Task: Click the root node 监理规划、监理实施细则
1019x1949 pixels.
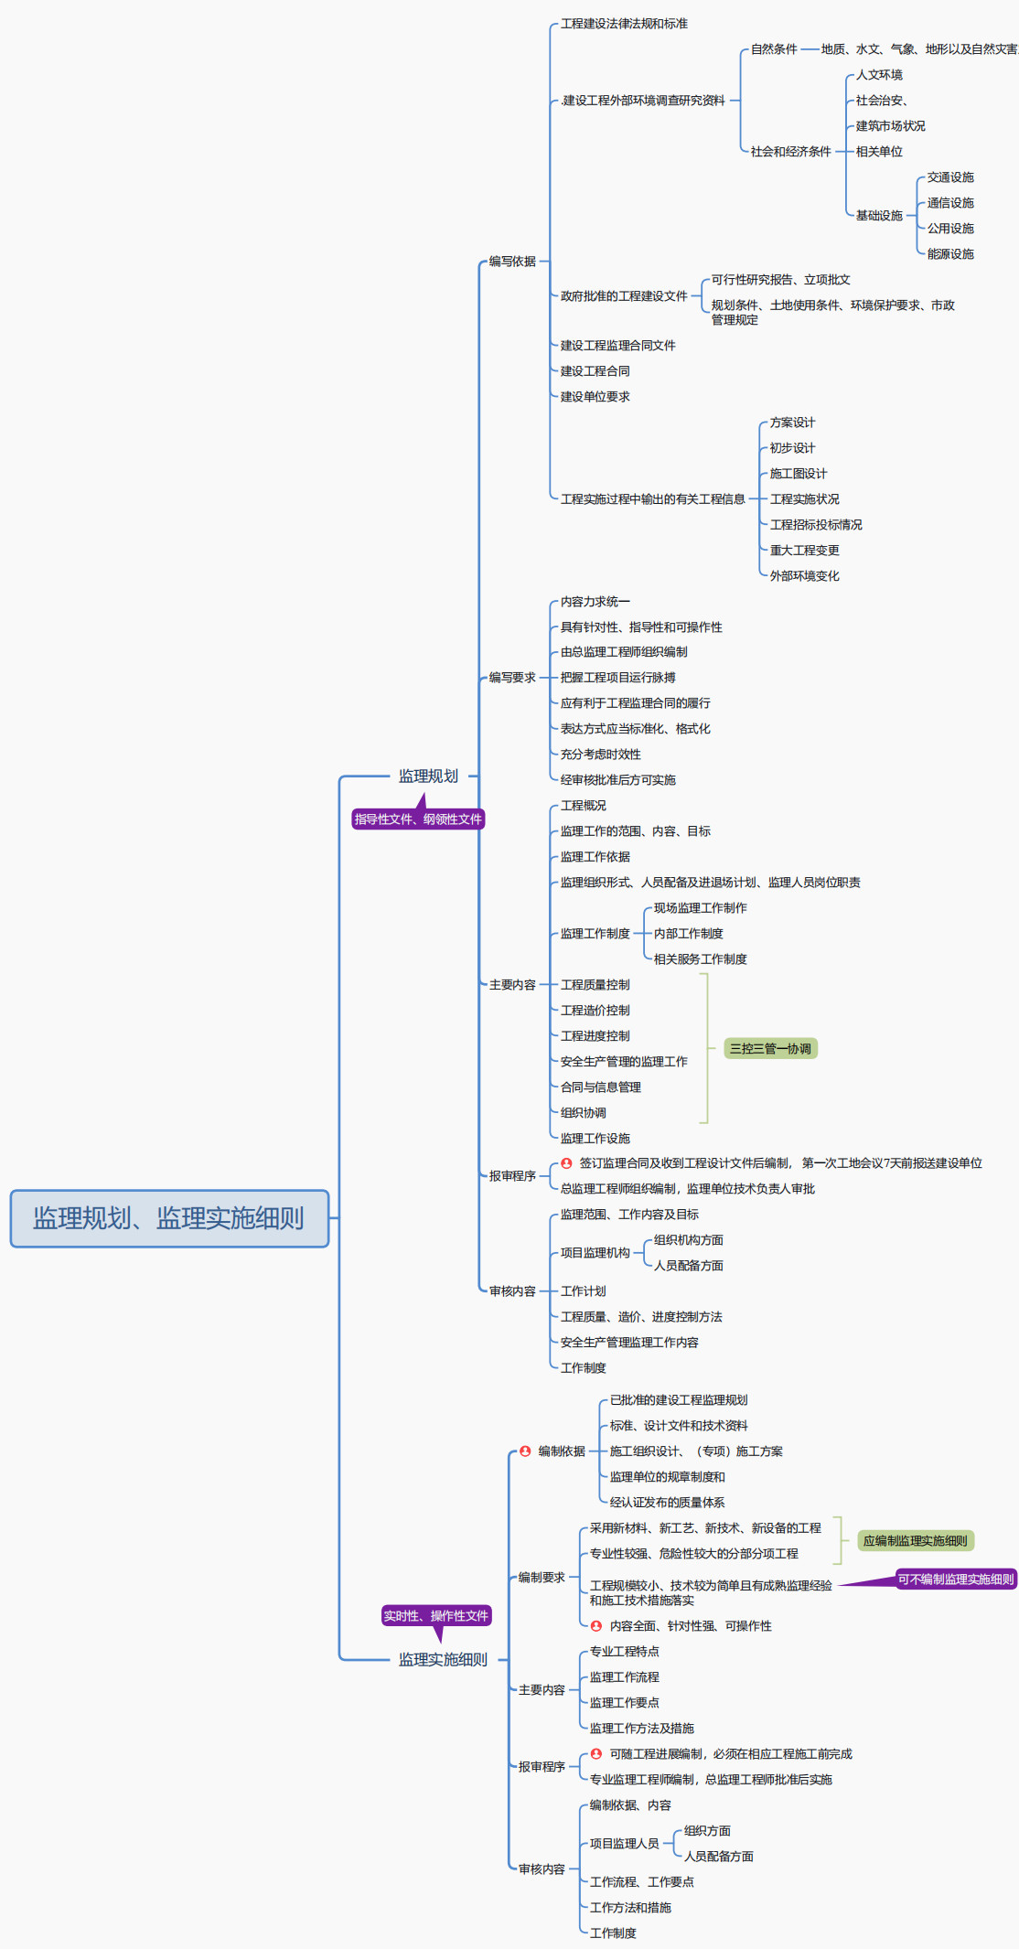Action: [169, 1218]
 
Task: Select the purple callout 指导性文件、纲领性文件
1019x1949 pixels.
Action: [418, 819]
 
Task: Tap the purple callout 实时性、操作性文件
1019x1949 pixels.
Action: [436, 1616]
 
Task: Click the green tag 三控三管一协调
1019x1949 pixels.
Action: [770, 1049]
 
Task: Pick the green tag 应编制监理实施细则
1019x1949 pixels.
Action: [915, 1541]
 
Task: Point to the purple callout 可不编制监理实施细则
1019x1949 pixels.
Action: [955, 1580]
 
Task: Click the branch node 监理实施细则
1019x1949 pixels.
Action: [443, 1660]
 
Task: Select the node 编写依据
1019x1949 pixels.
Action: [512, 262]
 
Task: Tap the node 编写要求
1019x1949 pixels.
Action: [512, 678]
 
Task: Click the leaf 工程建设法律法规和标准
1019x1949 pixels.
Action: [624, 24]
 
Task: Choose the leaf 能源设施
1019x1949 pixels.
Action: [950, 254]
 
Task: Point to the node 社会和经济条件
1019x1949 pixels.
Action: [790, 152]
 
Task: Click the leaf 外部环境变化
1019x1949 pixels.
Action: [804, 576]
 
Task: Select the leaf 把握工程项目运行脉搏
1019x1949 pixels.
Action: [617, 678]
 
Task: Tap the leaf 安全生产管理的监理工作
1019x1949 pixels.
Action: [624, 1062]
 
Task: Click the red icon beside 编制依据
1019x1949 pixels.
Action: [525, 1451]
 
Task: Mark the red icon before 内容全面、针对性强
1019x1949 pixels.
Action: [596, 1626]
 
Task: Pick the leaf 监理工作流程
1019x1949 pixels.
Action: [624, 1677]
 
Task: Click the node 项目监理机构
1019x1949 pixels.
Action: [595, 1253]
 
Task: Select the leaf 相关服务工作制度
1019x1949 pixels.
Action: [700, 959]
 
